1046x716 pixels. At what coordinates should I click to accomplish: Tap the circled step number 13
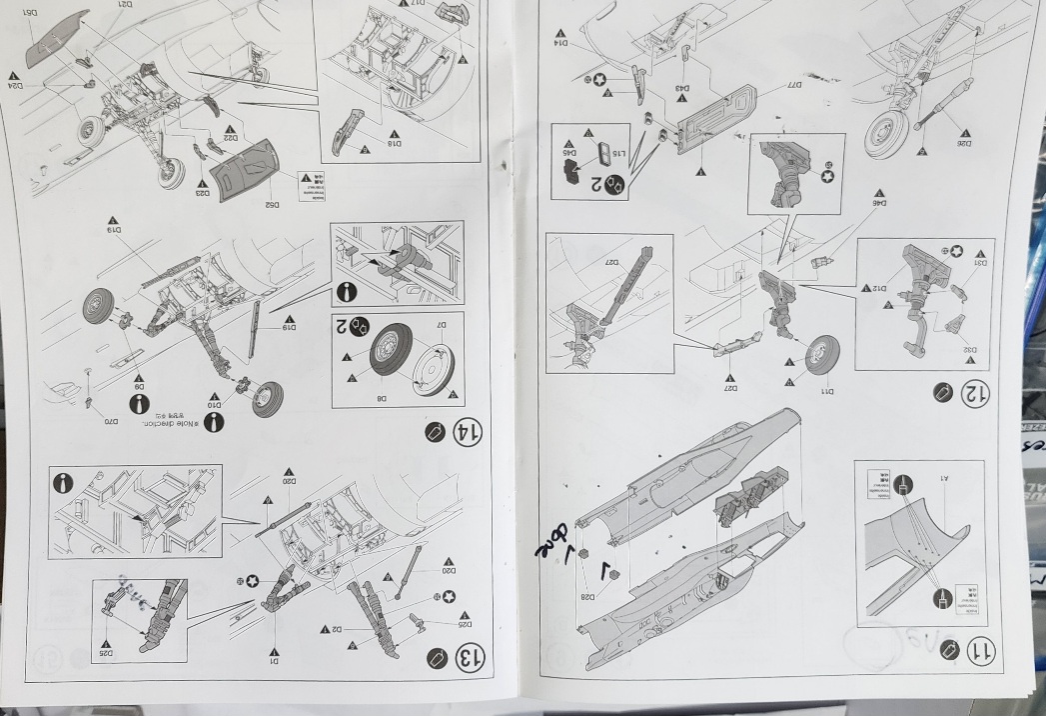(x=467, y=658)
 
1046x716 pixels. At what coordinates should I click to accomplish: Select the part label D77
(x=780, y=86)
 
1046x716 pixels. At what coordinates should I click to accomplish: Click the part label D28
(x=587, y=598)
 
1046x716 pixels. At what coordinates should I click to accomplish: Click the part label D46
(x=880, y=203)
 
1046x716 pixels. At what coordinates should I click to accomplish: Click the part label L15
(x=618, y=152)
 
